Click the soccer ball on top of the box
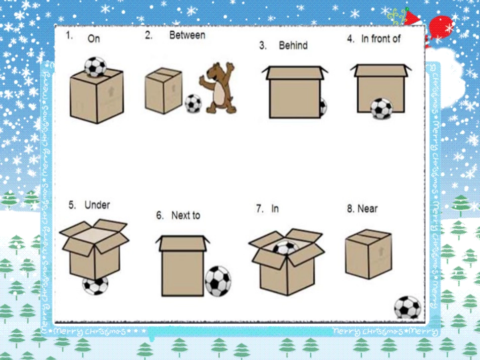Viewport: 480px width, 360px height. click(x=95, y=67)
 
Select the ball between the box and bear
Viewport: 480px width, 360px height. click(x=193, y=104)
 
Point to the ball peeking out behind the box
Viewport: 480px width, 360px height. click(x=323, y=107)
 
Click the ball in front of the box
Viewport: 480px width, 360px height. click(x=381, y=108)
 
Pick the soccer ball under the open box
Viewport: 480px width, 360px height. click(x=95, y=285)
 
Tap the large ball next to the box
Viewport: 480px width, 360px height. click(x=218, y=281)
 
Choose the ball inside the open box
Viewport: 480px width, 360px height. click(x=285, y=248)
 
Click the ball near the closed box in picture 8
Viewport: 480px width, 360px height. click(x=407, y=307)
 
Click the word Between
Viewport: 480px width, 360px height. click(x=187, y=35)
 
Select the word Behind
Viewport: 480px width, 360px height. click(x=293, y=45)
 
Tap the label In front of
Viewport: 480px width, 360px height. click(x=381, y=39)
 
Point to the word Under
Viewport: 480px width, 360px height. click(x=97, y=205)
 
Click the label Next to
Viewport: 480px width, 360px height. click(x=185, y=215)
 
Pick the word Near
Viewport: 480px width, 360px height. click(x=367, y=209)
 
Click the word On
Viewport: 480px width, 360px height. click(x=93, y=38)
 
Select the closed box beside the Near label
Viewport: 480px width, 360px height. click(x=368, y=254)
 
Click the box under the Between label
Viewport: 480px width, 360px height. click(x=164, y=90)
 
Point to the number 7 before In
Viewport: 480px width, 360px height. click(x=259, y=209)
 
